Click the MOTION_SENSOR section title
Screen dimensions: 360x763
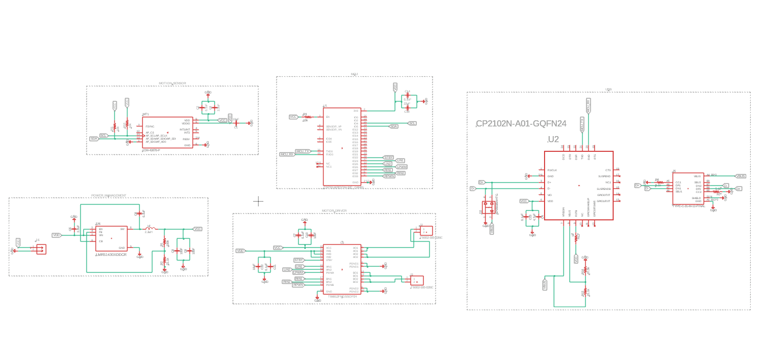172,83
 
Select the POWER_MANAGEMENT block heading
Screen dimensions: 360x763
109,195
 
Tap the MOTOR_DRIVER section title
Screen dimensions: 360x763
334,211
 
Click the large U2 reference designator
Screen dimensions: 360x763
553,140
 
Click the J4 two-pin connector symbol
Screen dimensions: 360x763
40,249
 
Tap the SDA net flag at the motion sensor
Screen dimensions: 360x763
94,139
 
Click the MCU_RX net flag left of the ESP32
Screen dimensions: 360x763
287,154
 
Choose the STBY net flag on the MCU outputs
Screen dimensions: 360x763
388,157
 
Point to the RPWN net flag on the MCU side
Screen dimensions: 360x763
389,176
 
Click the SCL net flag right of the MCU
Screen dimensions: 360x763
412,123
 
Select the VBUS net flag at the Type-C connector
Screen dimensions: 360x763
740,176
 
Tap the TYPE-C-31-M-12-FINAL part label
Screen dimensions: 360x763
689,206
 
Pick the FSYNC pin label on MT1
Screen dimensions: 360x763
150,126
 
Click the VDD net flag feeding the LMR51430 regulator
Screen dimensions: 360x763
56,235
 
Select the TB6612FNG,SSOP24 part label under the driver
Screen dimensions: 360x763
342,296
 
